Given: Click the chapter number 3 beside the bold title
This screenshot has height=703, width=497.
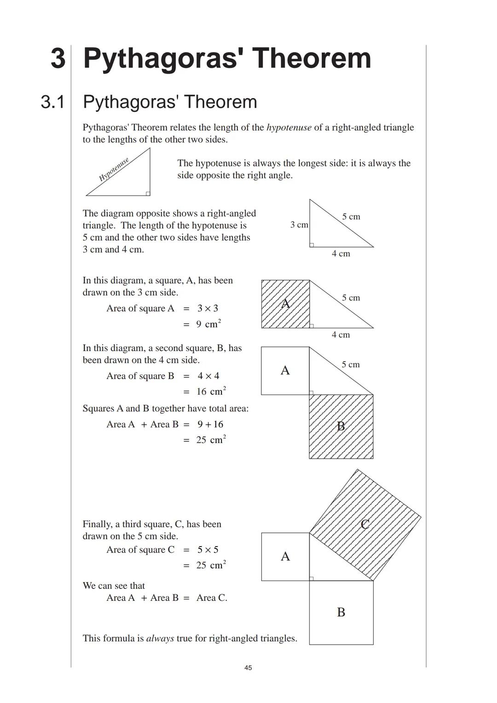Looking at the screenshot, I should (x=58, y=58).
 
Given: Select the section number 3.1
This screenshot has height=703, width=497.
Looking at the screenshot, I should (x=52, y=102).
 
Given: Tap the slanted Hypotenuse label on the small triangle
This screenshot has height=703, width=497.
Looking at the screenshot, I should (x=114, y=169).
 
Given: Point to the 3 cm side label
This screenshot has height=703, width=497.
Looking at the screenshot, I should (x=299, y=225).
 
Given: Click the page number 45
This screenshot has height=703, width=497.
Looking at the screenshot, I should (x=248, y=668).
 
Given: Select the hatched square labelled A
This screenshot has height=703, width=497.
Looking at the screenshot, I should (x=285, y=304).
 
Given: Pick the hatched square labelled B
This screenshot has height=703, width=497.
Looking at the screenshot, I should (x=341, y=426).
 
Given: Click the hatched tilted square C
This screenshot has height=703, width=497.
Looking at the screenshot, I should (x=365, y=524).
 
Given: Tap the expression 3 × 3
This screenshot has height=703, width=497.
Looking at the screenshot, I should (x=208, y=308).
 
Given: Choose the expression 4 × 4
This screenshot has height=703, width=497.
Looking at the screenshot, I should (x=208, y=376).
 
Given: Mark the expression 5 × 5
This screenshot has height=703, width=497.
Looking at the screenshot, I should (x=208, y=550).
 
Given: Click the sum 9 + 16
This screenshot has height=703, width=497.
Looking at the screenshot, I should (x=210, y=424).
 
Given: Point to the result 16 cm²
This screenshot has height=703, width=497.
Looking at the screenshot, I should (x=211, y=392).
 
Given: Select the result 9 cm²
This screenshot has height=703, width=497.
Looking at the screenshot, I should (x=208, y=324).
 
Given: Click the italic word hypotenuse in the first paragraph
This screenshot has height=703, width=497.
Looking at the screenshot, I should (x=289, y=127).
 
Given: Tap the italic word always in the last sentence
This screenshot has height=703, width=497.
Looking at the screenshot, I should (x=160, y=638).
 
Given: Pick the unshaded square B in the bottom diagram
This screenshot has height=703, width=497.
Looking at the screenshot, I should (x=341, y=612).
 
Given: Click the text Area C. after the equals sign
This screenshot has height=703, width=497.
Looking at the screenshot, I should (x=212, y=598).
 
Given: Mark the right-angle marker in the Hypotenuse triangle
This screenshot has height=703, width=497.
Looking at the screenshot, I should (x=148, y=194).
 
